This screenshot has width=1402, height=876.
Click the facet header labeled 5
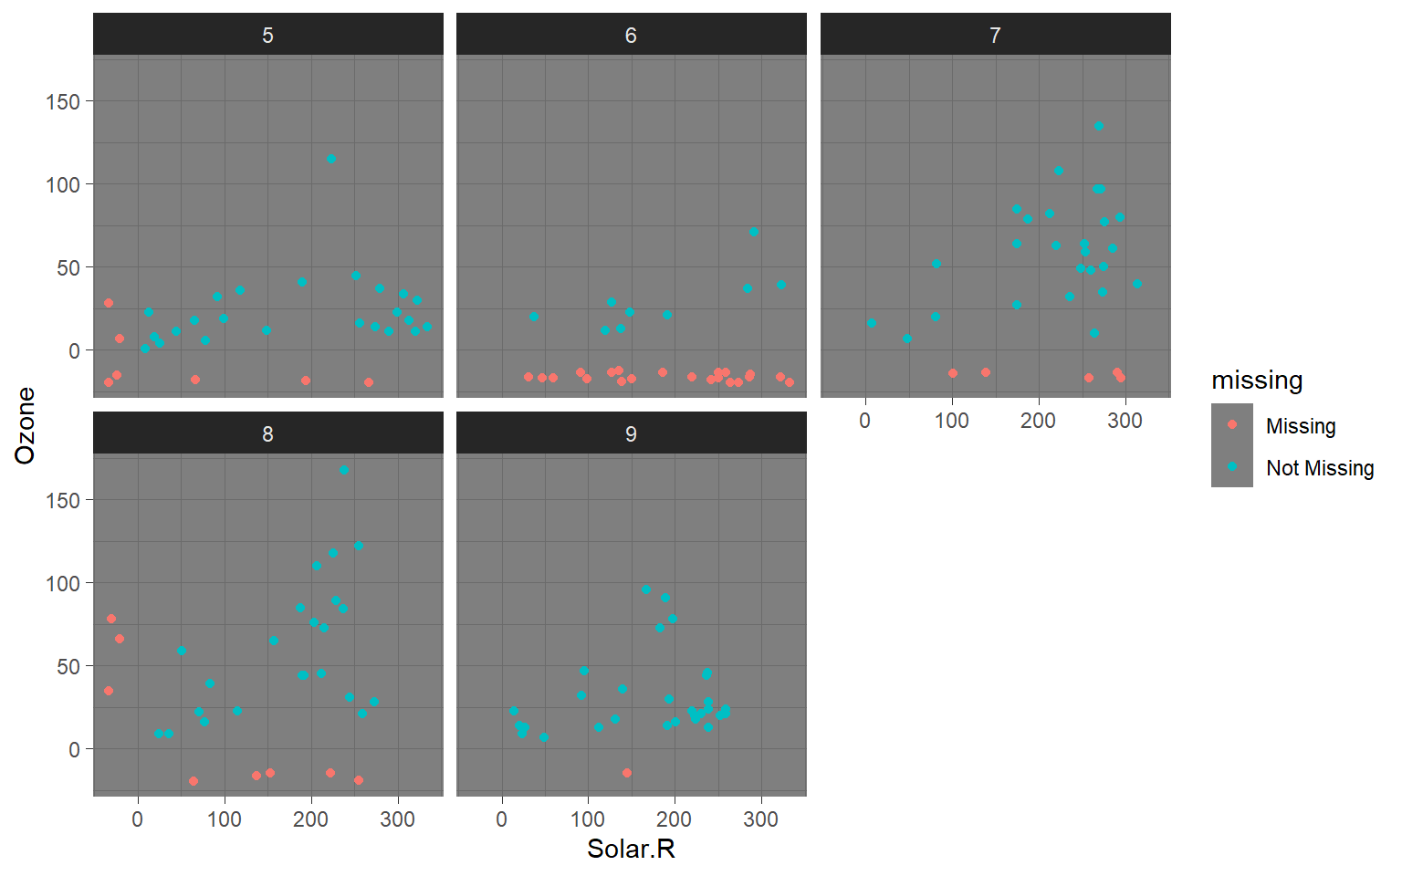267,35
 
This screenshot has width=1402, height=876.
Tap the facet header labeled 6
631,35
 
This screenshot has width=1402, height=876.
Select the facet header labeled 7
995,35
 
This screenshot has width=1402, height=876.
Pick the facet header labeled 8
267,433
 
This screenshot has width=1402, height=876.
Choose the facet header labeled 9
631,433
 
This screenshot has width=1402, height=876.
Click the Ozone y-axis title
25,425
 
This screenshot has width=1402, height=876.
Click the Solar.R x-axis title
631,849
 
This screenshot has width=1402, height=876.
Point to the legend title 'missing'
1257,381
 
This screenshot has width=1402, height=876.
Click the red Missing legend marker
1232,424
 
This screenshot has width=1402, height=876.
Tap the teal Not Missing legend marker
1232,466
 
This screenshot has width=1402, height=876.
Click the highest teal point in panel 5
331,159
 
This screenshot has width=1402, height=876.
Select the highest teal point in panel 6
754,232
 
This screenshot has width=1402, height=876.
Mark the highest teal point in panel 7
1099,127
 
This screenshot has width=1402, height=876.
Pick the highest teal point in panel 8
344,470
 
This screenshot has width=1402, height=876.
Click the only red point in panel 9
627,773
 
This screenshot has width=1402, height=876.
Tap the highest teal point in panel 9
646,589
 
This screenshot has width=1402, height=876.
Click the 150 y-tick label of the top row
63,101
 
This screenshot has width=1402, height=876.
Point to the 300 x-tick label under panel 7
1125,421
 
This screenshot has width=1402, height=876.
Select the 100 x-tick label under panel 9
588,819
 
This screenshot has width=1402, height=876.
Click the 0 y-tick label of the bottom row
74,749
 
